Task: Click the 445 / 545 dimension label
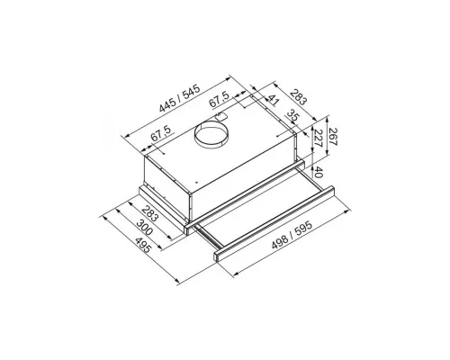[x=180, y=99]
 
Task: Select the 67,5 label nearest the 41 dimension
[x=220, y=99]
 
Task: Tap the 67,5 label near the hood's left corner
[x=161, y=133]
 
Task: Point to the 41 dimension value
[x=273, y=100]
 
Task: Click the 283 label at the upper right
[x=299, y=97]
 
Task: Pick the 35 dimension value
[x=292, y=115]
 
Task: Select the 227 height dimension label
[x=318, y=138]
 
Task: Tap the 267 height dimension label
[x=333, y=137]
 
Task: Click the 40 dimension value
[x=319, y=173]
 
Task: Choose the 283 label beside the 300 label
[x=149, y=213]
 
